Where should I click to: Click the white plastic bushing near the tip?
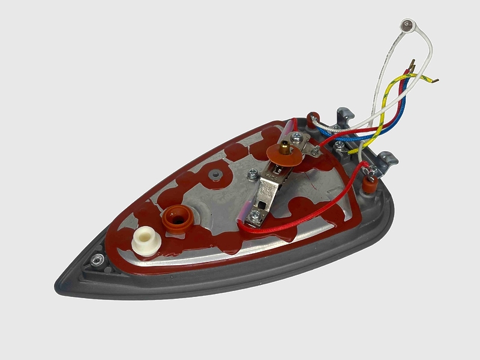tap(145, 240)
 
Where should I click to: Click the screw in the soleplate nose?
tap(95, 259)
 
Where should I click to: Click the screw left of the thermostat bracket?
tap(251, 175)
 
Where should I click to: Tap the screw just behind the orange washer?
tap(313, 152)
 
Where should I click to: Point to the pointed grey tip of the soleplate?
tap(61, 282)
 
